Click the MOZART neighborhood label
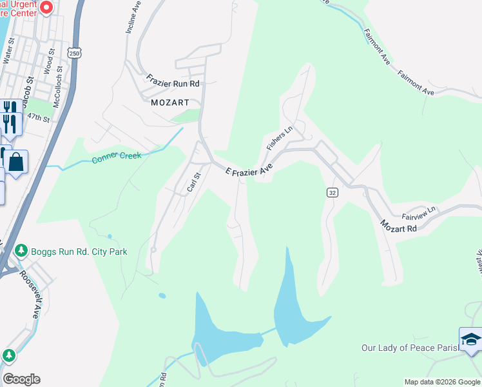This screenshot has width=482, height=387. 169,103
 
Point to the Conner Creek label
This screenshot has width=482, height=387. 116,157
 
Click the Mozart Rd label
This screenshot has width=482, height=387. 398,226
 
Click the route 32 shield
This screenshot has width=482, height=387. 332,193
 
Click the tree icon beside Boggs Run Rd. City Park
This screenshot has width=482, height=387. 21,250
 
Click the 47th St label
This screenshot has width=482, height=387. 39,118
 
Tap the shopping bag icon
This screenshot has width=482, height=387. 17,161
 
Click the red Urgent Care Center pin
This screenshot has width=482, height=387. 46,7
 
